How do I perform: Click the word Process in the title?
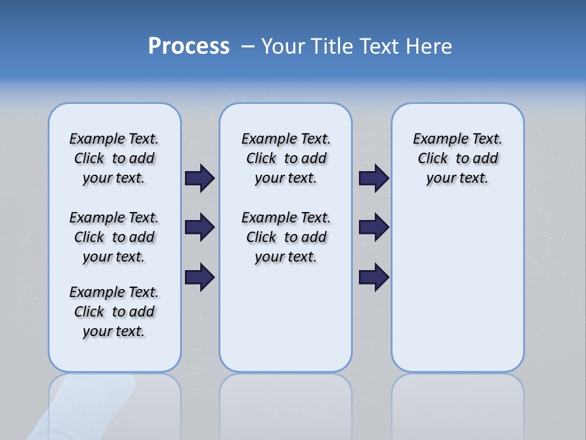(189, 46)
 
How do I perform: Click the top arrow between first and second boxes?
(200, 178)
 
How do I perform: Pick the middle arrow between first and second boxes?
(200, 227)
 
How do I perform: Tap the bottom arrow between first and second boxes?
(200, 277)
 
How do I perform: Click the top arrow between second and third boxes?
(374, 178)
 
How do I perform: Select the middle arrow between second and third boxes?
(374, 227)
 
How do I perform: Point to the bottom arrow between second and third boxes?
(374, 277)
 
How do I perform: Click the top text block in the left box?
(114, 158)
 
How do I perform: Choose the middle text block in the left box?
(114, 237)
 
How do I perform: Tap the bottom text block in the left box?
(114, 312)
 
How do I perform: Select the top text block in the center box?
(286, 158)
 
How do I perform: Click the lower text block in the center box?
(286, 237)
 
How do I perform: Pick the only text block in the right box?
(457, 158)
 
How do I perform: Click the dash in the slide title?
(248, 46)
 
